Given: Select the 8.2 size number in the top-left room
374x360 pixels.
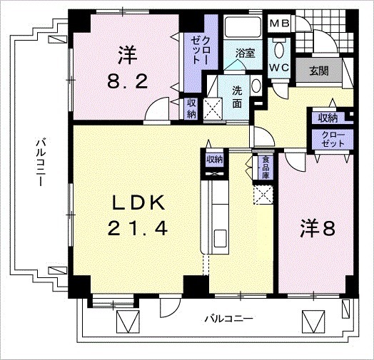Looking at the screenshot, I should click(128, 81).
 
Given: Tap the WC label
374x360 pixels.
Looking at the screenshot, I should click(279, 68).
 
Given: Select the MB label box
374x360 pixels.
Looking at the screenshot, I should click(278, 23).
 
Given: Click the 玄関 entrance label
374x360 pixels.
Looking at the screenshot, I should click(319, 70).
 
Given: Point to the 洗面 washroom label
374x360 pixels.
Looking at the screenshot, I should click(238, 98).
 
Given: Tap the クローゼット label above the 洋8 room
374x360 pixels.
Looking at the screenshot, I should click(329, 138).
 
